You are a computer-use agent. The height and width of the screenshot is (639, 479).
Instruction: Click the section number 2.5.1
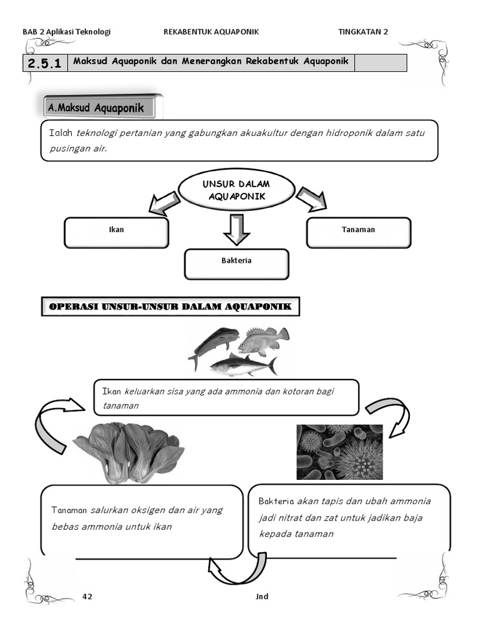(x=44, y=63)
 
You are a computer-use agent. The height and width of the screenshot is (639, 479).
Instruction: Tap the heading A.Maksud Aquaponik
(x=96, y=108)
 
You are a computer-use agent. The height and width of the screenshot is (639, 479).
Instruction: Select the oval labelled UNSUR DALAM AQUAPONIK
(x=236, y=190)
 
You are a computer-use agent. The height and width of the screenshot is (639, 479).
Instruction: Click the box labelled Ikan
(x=117, y=232)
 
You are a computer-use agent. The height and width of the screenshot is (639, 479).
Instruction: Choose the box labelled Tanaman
(x=359, y=232)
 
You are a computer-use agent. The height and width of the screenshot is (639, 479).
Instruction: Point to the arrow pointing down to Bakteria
(x=236, y=229)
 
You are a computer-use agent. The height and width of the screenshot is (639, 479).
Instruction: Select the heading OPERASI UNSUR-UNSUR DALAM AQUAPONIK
(x=170, y=306)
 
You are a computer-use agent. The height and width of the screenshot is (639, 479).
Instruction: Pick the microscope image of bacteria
(x=339, y=452)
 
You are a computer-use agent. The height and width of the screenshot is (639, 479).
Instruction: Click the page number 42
(x=87, y=597)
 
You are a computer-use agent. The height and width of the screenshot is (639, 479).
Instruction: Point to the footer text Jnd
(x=262, y=597)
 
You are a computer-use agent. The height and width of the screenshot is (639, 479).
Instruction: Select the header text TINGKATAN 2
(x=363, y=32)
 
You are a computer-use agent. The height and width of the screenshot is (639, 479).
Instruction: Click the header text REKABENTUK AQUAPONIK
(x=211, y=32)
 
